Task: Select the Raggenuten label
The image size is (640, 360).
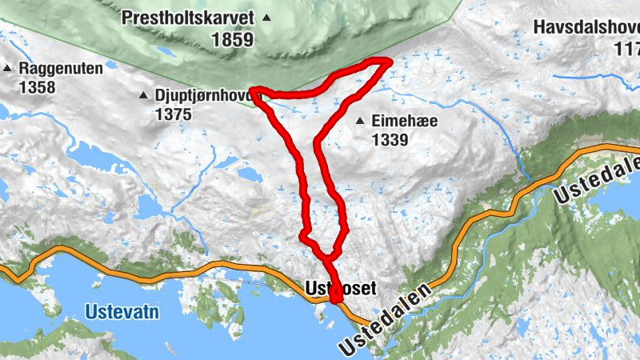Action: click(x=60, y=69)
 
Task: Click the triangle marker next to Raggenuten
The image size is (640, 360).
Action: click(x=7, y=69)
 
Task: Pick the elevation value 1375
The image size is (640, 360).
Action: click(x=174, y=114)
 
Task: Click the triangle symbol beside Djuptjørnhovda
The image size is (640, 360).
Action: click(x=143, y=96)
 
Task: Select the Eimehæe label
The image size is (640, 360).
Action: click(x=403, y=122)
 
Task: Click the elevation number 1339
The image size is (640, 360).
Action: click(x=390, y=140)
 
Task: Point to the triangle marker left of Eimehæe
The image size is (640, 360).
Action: click(x=361, y=122)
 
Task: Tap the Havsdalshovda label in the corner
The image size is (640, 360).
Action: click(x=588, y=27)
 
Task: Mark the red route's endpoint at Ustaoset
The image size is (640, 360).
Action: click(x=335, y=296)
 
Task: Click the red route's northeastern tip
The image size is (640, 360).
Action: click(x=389, y=61)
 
